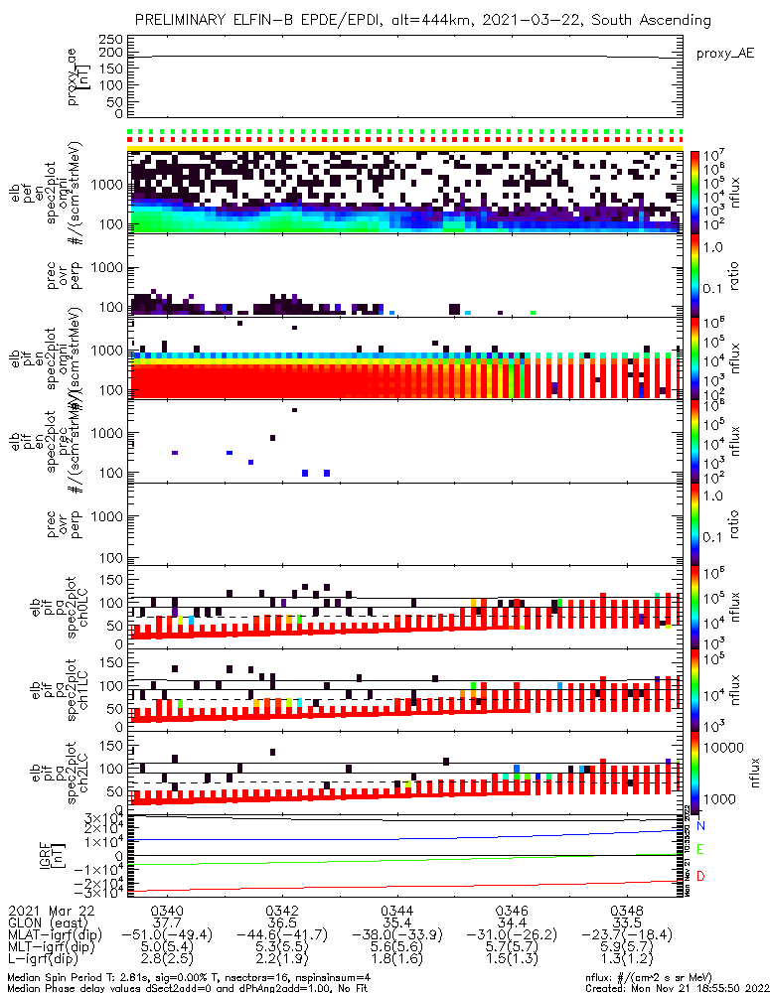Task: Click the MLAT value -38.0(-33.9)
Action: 396,933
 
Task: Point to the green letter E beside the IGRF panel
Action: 700,850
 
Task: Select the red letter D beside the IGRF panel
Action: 700,875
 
